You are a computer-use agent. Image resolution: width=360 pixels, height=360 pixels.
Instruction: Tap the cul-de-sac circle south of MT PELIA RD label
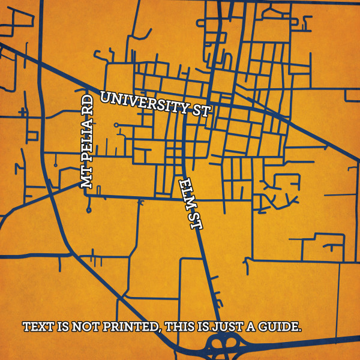tap(89, 210)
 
